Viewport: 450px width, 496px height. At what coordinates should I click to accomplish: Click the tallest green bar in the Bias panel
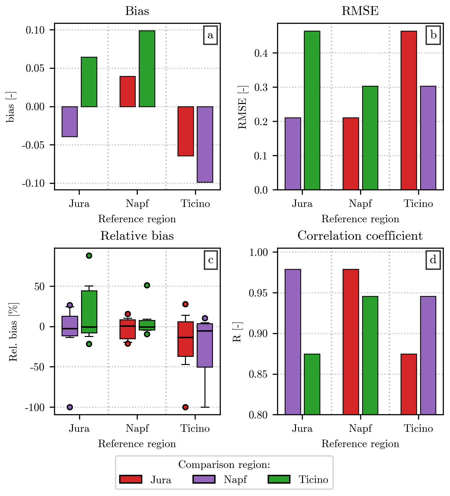[147, 68]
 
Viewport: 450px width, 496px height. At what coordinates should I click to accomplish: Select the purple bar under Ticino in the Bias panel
[205, 144]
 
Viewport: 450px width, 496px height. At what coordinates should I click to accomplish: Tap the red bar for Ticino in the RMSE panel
[409, 110]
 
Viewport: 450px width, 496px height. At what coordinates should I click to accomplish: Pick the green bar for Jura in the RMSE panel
[312, 110]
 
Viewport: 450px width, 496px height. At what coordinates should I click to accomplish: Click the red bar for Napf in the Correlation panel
[351, 342]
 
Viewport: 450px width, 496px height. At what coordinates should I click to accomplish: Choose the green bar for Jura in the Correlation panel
[312, 384]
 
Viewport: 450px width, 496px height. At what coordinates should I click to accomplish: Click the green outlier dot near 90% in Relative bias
[89, 255]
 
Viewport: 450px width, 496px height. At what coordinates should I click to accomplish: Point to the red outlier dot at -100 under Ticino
[185, 407]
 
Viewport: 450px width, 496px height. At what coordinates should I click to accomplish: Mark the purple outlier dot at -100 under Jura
[70, 407]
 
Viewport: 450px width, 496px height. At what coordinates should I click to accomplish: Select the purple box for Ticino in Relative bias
[205, 345]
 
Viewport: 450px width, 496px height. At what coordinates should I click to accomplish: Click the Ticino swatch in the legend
[279, 479]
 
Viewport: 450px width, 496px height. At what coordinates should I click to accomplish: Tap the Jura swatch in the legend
[131, 479]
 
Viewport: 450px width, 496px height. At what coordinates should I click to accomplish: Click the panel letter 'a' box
[210, 35]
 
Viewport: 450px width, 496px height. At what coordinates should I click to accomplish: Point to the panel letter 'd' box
[433, 260]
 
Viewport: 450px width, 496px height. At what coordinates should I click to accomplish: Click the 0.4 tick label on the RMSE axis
[261, 53]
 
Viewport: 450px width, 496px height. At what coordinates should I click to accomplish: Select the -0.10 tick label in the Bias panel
[33, 183]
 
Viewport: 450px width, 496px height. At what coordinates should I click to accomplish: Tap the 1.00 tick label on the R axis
[259, 252]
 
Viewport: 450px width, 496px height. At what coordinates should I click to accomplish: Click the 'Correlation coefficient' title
[360, 236]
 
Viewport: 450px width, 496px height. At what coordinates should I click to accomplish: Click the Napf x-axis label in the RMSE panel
[360, 204]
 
